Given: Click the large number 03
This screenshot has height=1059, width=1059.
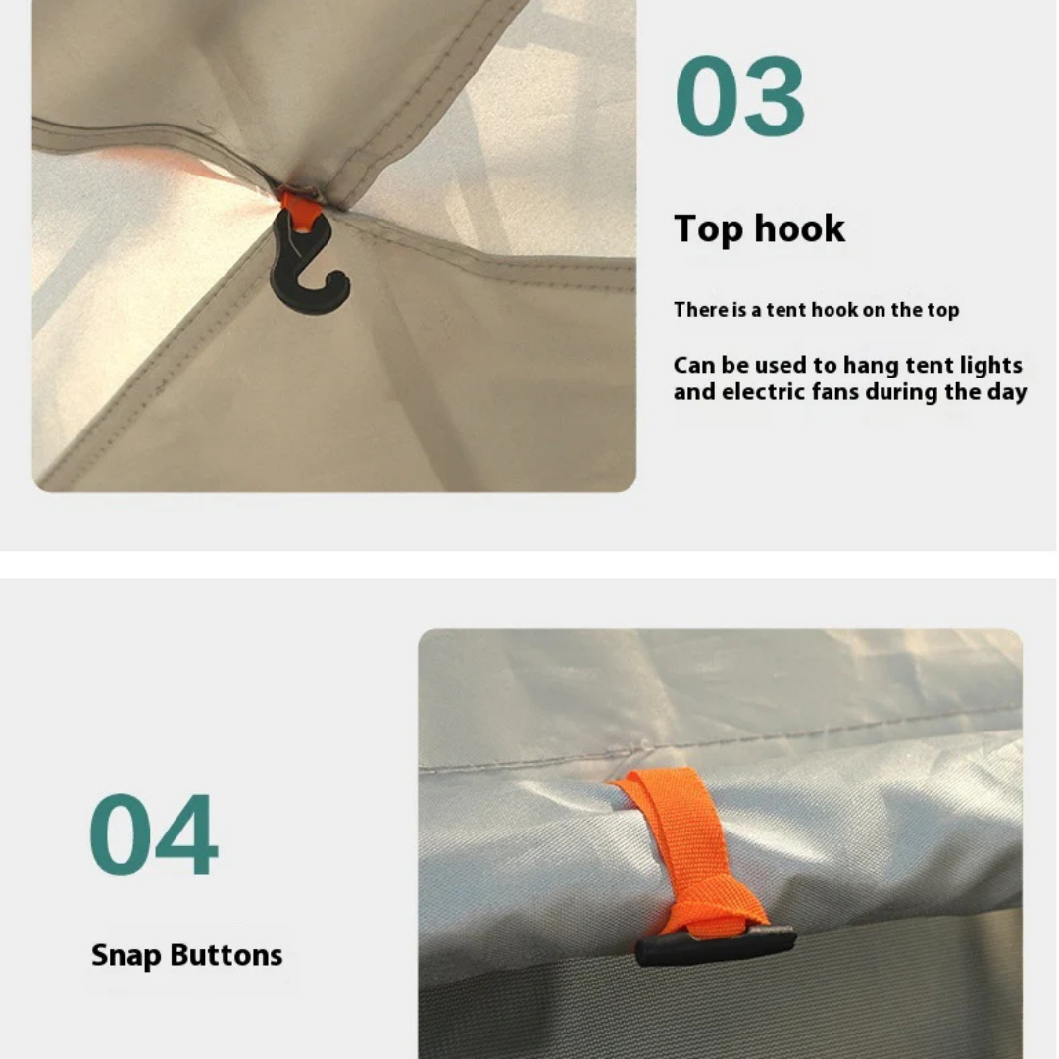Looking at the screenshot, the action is (x=739, y=96).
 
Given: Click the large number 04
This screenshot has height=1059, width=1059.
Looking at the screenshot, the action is (x=153, y=834).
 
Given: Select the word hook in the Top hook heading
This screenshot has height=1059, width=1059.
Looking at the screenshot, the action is (x=799, y=228).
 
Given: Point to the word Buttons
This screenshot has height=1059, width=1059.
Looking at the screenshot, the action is (x=227, y=955).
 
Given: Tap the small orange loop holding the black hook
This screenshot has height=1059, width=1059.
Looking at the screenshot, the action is (x=300, y=207).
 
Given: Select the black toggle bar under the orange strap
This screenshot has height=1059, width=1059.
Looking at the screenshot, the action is (x=715, y=944).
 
